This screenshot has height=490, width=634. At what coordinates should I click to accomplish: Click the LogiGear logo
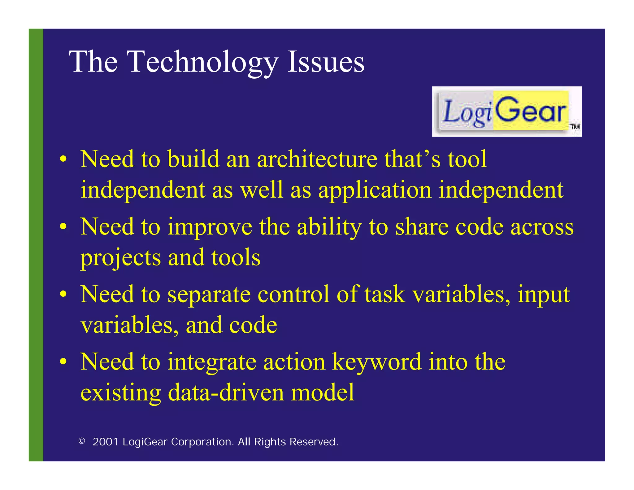click(506, 112)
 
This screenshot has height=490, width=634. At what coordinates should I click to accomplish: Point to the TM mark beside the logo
click(575, 126)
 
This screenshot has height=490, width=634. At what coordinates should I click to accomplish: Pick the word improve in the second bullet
click(210, 227)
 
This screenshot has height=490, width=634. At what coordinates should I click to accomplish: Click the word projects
click(120, 258)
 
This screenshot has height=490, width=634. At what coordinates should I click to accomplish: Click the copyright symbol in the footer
click(82, 441)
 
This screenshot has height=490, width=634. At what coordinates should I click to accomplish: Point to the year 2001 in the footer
click(105, 442)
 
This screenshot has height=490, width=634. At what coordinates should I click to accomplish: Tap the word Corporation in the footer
click(202, 442)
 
